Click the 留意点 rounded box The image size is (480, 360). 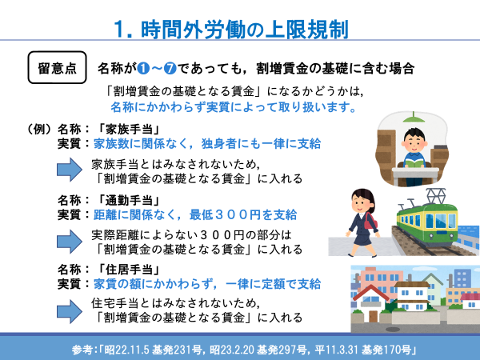58,67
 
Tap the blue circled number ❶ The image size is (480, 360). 143,68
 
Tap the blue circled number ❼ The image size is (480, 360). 170,68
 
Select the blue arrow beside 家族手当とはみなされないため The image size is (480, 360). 70,170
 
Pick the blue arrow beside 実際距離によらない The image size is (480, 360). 70,242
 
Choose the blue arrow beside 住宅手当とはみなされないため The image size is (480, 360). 70,311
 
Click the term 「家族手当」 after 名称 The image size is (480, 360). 129,130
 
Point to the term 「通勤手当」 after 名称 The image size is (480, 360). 129,201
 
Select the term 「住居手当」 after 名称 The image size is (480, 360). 129,270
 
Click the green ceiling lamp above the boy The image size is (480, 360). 414,118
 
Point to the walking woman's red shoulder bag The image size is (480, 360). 370,222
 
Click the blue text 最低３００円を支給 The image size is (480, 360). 243,214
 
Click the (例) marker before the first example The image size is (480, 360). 39,130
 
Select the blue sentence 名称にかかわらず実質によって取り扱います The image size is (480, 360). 234,107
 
